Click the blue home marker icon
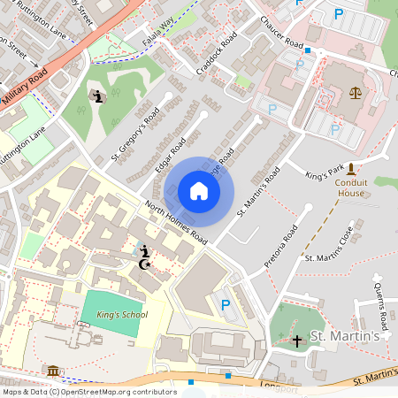pyautogui.click(x=199, y=191)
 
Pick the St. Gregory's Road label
pyautogui.click(x=135, y=134)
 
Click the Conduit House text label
pyautogui.click(x=351, y=187)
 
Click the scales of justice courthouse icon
pyautogui.click(x=356, y=92)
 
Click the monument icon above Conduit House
pyautogui.click(x=351, y=167)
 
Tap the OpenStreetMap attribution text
pyautogui.click(x=88, y=392)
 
